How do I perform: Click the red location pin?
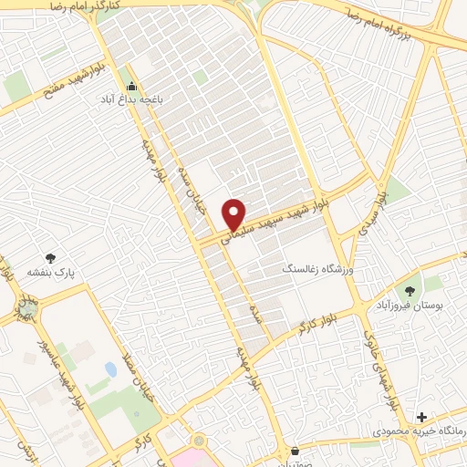pyautogui.click(x=234, y=213)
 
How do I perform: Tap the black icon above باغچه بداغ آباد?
pyautogui.click(x=133, y=88)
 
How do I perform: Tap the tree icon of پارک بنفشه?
pyautogui.click(x=50, y=258)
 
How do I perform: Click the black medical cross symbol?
pyautogui.click(x=420, y=416)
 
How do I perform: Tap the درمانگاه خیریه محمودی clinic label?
pyautogui.click(x=420, y=430)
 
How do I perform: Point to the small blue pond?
pyautogui.click(x=110, y=370)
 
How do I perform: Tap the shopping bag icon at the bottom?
pyautogui.click(x=295, y=451)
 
